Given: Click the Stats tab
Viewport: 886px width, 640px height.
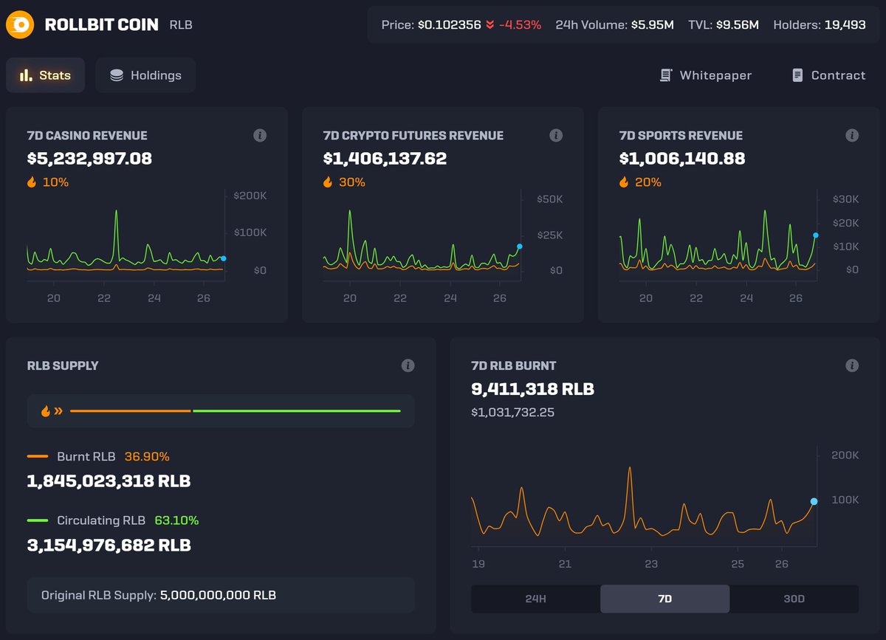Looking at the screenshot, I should click(x=46, y=75).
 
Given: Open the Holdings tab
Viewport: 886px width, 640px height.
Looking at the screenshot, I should click(x=145, y=75).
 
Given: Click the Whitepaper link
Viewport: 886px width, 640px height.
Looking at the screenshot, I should click(x=706, y=75).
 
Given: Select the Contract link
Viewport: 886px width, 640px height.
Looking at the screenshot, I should click(x=828, y=75).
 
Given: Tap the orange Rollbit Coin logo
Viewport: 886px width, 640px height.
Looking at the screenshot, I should click(x=20, y=25).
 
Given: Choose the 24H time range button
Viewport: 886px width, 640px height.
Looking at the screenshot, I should click(x=535, y=599).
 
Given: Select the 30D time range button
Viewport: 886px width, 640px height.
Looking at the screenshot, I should click(x=794, y=599).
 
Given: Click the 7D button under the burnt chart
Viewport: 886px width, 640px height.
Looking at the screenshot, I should click(x=664, y=599).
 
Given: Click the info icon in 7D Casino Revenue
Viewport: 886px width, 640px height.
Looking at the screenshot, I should click(x=260, y=135).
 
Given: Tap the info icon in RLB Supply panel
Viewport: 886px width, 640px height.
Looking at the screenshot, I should click(x=408, y=365).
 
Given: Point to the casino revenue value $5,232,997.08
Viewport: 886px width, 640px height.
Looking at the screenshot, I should click(x=89, y=159).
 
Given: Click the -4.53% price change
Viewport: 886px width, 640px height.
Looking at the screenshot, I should click(x=520, y=24).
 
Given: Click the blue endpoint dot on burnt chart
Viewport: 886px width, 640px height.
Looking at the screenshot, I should click(x=814, y=501).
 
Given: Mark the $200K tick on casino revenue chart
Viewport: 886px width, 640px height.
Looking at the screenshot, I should click(x=250, y=195).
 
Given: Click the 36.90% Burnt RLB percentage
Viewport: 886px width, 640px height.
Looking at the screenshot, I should click(x=147, y=457).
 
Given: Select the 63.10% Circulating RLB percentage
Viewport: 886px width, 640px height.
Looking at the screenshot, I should click(x=176, y=520).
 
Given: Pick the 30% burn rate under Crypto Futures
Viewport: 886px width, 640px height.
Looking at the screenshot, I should click(x=351, y=182).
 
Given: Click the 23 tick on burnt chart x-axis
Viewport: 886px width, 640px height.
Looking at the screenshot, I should click(x=650, y=564).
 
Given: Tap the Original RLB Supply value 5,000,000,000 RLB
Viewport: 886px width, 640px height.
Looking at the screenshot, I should click(x=218, y=595).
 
